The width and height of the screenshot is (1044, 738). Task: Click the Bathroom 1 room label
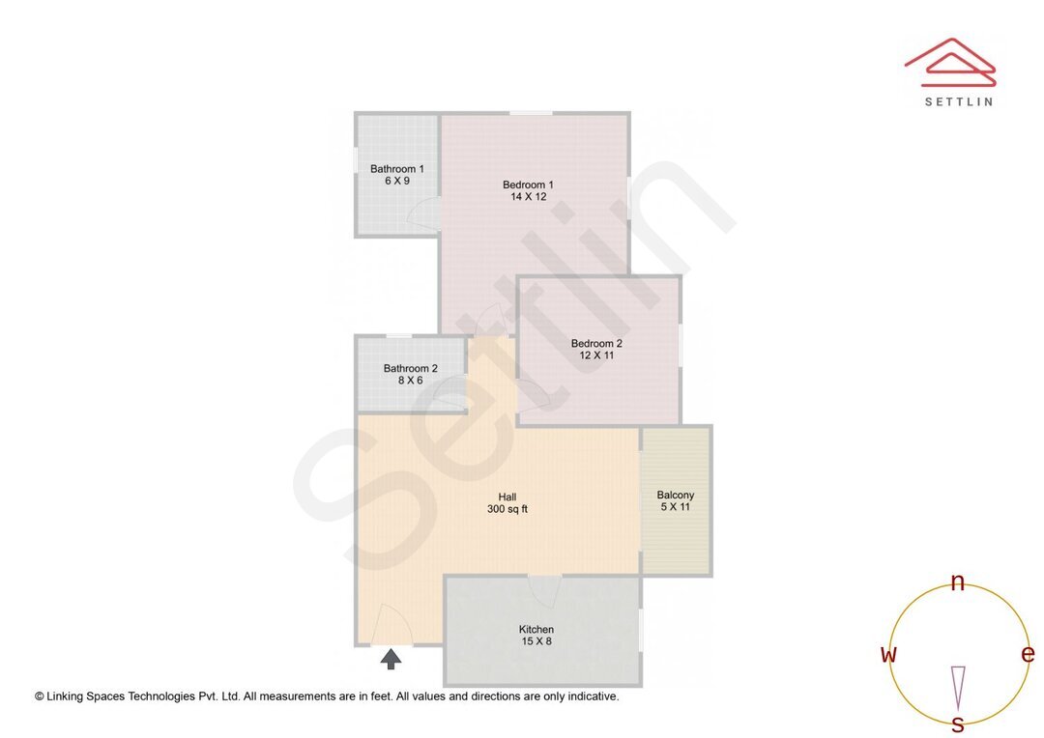[x=396, y=169]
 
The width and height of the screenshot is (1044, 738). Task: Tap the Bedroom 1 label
[x=528, y=184]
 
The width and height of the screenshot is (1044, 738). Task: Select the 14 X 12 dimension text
[x=529, y=197]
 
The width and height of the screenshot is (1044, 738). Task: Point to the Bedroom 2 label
[x=596, y=343]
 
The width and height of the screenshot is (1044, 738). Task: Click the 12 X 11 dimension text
[x=596, y=355]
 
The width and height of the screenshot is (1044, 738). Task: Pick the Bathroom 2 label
[x=410, y=368]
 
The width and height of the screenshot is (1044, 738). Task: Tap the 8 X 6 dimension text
[x=411, y=381]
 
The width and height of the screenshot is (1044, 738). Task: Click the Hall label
[x=507, y=497]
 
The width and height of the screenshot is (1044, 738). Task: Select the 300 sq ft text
[x=507, y=510]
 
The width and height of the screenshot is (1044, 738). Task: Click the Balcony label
[x=676, y=495]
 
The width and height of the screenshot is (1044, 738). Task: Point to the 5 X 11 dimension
[x=676, y=507]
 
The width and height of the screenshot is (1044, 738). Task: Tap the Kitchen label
[x=536, y=629]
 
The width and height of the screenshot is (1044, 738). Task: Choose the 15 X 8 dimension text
[x=536, y=641]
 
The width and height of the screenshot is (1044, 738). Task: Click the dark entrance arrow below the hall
[x=391, y=659]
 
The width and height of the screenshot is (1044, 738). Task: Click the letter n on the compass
[x=958, y=582]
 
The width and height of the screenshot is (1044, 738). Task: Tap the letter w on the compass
[x=888, y=654]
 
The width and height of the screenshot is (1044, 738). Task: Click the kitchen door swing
[x=545, y=590]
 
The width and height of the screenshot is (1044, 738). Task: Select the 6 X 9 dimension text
[x=396, y=182]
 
